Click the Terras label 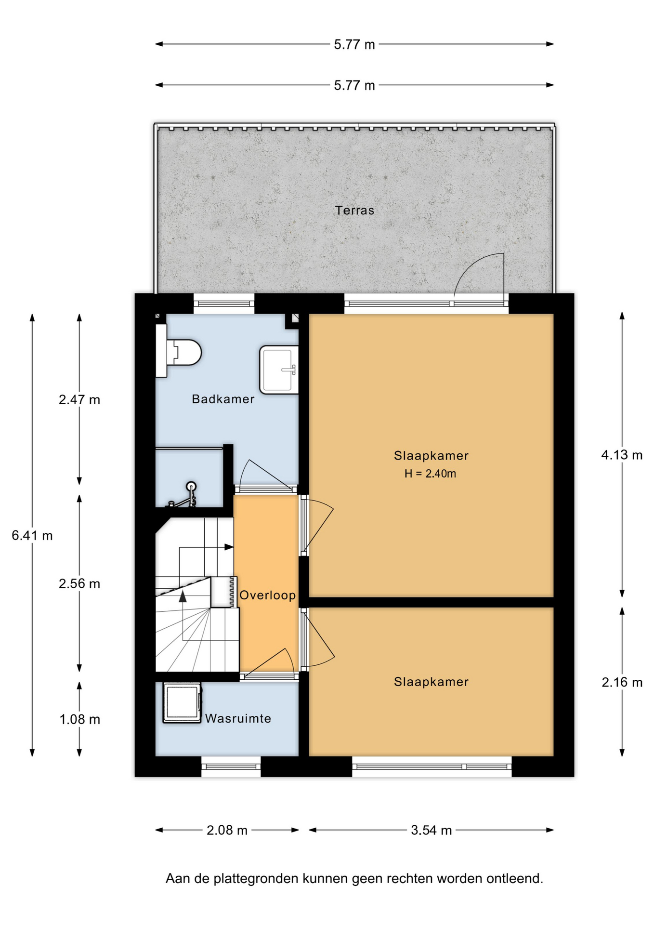pyautogui.click(x=354, y=210)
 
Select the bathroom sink pyautogui.click(x=279, y=370)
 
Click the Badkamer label pyautogui.click(x=223, y=399)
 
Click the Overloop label pyautogui.click(x=268, y=595)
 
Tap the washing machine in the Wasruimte pyautogui.click(x=182, y=702)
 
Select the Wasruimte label pyautogui.click(x=238, y=718)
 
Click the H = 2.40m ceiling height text pyautogui.click(x=430, y=474)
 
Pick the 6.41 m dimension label pyautogui.click(x=32, y=535)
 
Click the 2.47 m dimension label pyautogui.click(x=79, y=399)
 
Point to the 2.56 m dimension pyautogui.click(x=79, y=583)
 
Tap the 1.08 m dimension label pyautogui.click(x=79, y=719)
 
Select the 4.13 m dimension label pyautogui.click(x=622, y=455)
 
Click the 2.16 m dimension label pyautogui.click(x=622, y=682)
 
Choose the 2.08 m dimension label pyautogui.click(x=227, y=830)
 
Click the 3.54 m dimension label pyautogui.click(x=431, y=830)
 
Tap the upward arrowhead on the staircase pyautogui.click(x=183, y=596)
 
